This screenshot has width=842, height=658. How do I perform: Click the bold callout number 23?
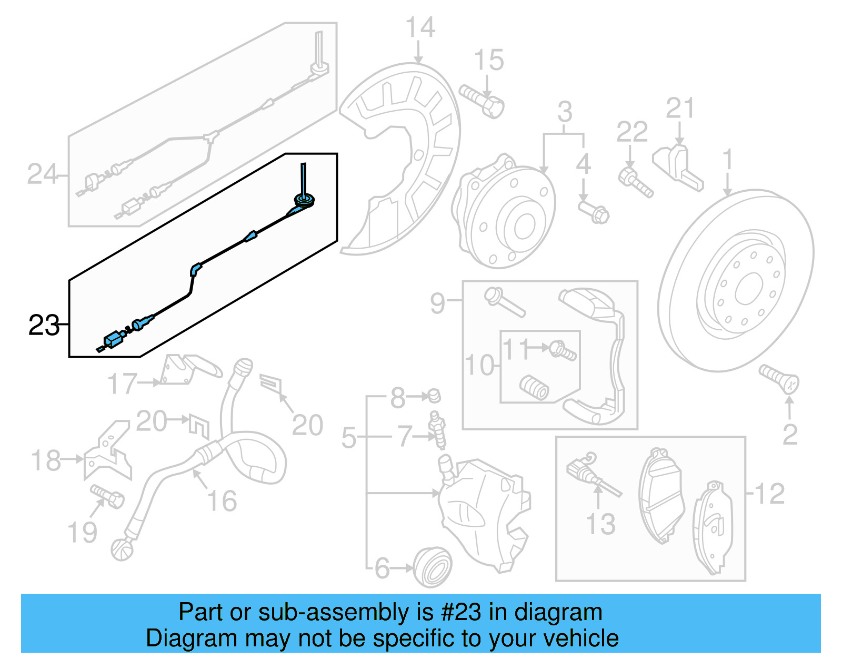pyautogui.click(x=44, y=325)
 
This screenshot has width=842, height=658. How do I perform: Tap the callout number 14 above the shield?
pyautogui.click(x=420, y=27)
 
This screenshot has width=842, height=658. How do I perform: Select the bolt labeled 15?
pyautogui.click(x=482, y=101)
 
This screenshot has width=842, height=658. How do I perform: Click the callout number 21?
pyautogui.click(x=679, y=109)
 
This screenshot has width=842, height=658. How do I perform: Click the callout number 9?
pyautogui.click(x=437, y=303)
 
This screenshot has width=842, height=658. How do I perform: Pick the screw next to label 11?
pyautogui.click(x=563, y=350)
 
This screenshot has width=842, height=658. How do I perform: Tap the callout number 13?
pyautogui.click(x=600, y=524)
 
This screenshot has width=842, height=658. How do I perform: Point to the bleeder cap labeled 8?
pyautogui.click(x=434, y=395)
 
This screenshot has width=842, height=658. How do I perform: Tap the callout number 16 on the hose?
pyautogui.click(x=222, y=500)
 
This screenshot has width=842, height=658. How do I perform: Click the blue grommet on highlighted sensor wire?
pyautogui.click(x=304, y=200)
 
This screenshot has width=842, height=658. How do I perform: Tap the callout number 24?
pyautogui.click(x=42, y=174)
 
